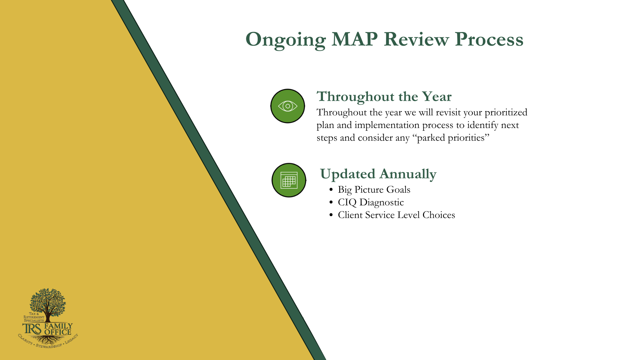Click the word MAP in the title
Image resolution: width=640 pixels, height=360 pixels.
point(355,39)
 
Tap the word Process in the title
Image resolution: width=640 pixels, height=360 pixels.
point(489,39)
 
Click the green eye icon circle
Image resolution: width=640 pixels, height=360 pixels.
point(288,106)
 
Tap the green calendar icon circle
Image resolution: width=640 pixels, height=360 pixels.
point(289,180)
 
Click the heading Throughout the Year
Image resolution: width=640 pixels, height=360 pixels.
point(384,97)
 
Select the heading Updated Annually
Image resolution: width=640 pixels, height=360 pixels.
point(378,174)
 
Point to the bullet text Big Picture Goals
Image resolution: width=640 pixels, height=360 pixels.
point(374,190)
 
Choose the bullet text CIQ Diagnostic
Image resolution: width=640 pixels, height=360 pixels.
point(371,202)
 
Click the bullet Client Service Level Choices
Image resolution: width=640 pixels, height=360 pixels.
point(396,215)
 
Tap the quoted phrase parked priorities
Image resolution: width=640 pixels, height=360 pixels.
point(453,138)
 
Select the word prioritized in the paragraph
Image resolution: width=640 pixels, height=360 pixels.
point(506,113)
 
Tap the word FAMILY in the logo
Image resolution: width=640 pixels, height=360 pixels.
point(58,326)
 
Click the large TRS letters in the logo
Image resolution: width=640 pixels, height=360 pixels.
point(32,329)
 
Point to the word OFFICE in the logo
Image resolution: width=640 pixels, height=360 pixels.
point(58,332)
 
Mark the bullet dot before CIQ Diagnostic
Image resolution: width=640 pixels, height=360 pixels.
point(331,202)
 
